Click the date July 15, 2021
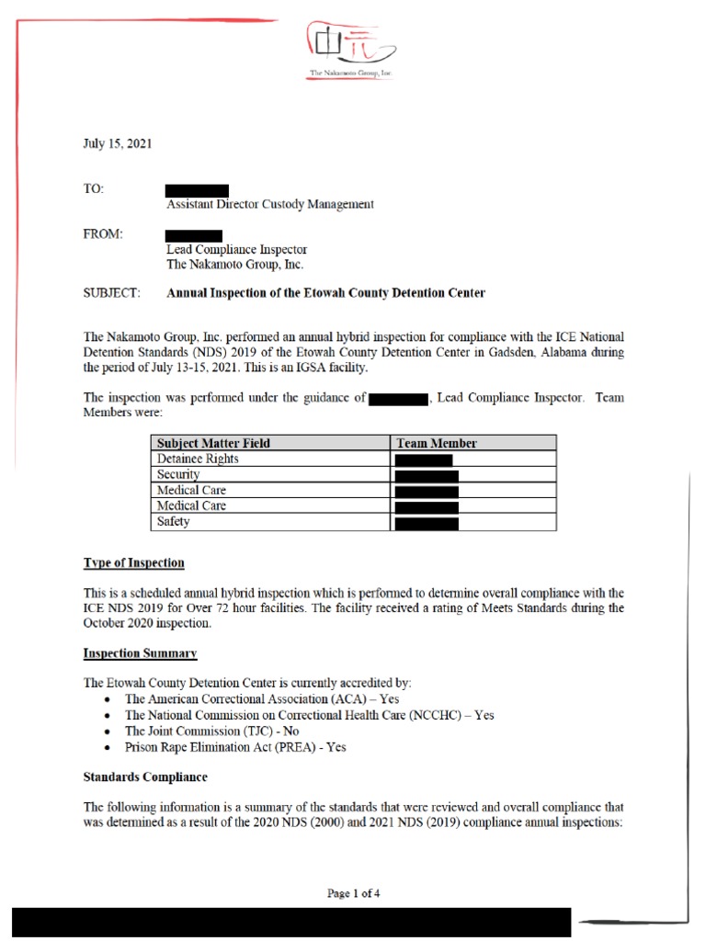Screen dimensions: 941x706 click(118, 144)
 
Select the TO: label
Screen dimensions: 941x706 click(95, 189)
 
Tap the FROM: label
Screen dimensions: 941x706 click(103, 234)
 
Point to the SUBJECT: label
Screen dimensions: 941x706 click(112, 293)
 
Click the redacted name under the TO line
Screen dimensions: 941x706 click(197, 190)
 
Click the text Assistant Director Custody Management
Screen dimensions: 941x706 click(269, 205)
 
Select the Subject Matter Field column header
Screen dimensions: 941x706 click(213, 444)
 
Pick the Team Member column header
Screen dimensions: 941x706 click(437, 444)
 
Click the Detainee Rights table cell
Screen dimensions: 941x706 click(198, 459)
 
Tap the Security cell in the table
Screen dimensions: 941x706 click(178, 474)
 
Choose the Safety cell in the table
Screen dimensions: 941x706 click(174, 522)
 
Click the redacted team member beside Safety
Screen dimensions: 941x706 click(427, 523)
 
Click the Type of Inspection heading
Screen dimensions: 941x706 click(134, 563)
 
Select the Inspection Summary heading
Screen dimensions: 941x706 click(140, 653)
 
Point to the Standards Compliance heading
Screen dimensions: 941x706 click(145, 777)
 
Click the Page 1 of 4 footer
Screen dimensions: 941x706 click(354, 893)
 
